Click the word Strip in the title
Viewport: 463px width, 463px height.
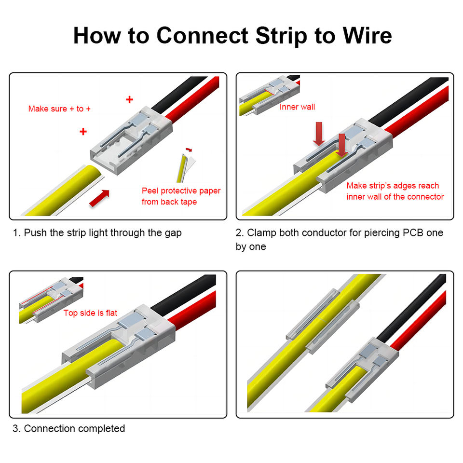pyautogui.click(x=281, y=36)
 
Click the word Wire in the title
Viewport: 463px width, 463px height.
pyautogui.click(x=367, y=36)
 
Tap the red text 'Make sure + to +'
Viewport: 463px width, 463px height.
pyautogui.click(x=59, y=109)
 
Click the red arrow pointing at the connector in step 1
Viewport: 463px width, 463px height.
pyautogui.click(x=99, y=198)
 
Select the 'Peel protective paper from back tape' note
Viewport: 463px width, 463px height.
pyautogui.click(x=181, y=196)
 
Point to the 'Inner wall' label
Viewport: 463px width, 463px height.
pyautogui.click(x=297, y=107)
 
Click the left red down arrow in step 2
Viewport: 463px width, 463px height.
pyautogui.click(x=319, y=134)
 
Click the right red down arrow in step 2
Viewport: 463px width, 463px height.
pyautogui.click(x=342, y=145)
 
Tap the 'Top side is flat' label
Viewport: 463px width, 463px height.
pyautogui.click(x=90, y=313)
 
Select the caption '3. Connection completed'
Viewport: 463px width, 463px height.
pyautogui.click(x=69, y=428)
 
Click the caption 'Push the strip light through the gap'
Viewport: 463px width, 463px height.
pyautogui.click(x=103, y=233)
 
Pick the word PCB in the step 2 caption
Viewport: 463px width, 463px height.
pyautogui.click(x=413, y=232)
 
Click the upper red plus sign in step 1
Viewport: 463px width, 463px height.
pyautogui.click(x=129, y=99)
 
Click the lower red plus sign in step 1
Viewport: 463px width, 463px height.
pyautogui.click(x=83, y=131)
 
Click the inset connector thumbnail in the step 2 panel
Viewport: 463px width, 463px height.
pyautogui.click(x=269, y=95)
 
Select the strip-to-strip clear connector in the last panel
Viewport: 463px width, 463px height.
pyautogui.click(x=323, y=321)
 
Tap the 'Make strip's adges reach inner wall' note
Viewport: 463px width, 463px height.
pyautogui.click(x=395, y=191)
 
